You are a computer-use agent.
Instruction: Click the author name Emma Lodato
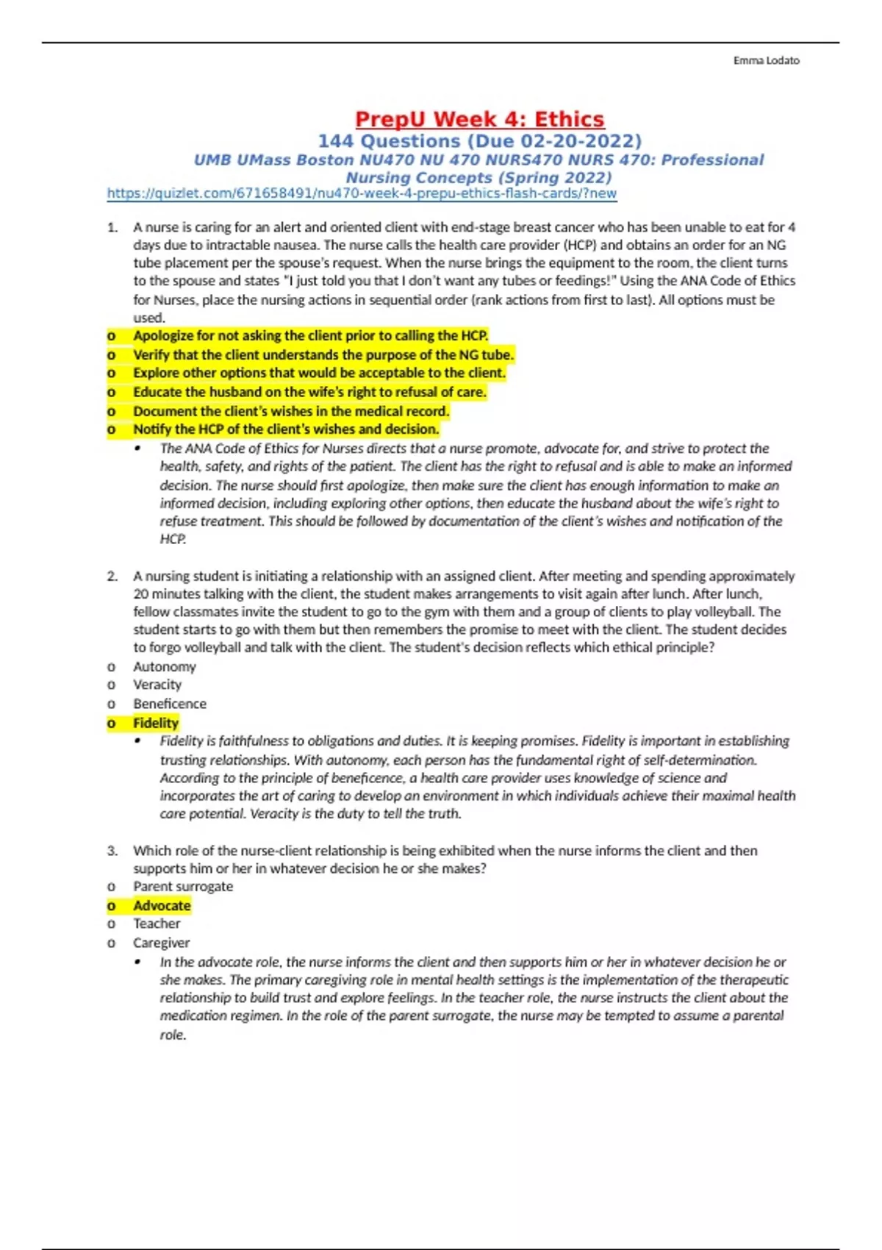click(x=766, y=60)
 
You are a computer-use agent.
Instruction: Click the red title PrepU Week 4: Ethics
click(x=479, y=119)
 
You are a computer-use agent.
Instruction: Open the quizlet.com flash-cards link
click(x=362, y=193)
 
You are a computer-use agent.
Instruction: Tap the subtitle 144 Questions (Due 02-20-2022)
click(x=479, y=141)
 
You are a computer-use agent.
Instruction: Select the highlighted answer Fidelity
click(x=156, y=723)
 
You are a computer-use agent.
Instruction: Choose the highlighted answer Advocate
click(x=162, y=905)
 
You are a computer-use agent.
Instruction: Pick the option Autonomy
click(x=165, y=666)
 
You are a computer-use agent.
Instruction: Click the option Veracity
click(x=157, y=685)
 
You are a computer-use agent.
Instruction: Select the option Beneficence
click(x=170, y=704)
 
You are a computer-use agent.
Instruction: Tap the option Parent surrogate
click(x=183, y=886)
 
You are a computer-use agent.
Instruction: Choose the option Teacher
click(x=157, y=924)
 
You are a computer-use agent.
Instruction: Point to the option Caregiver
click(x=162, y=943)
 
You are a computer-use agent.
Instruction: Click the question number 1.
click(x=112, y=227)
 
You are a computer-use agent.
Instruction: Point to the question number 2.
click(x=112, y=576)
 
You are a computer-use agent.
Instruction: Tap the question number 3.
click(x=112, y=851)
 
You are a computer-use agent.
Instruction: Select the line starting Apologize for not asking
click(x=310, y=335)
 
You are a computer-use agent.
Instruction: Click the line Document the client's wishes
click(x=291, y=411)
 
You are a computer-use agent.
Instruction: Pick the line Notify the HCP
click(x=286, y=429)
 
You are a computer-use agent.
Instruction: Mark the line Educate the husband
click(x=309, y=392)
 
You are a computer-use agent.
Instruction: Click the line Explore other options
click(x=319, y=373)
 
